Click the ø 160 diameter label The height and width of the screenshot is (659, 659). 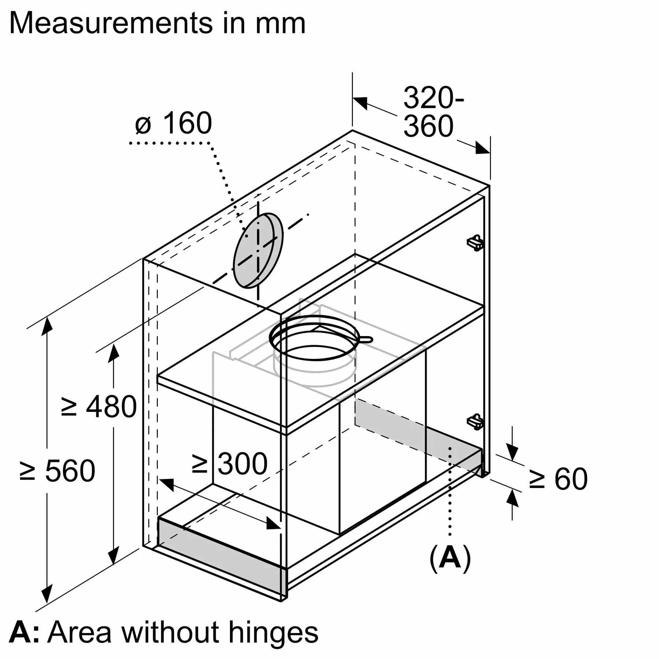coord(174,123)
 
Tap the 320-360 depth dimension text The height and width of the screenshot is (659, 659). coord(432,112)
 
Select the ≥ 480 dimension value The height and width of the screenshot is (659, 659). coord(99,406)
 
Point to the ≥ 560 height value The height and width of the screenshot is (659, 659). coord(57,470)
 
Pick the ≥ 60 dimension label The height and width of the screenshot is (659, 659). coord(558,479)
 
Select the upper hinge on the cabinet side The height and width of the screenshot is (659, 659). coord(476,242)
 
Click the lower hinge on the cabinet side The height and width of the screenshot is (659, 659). coord(476,421)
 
